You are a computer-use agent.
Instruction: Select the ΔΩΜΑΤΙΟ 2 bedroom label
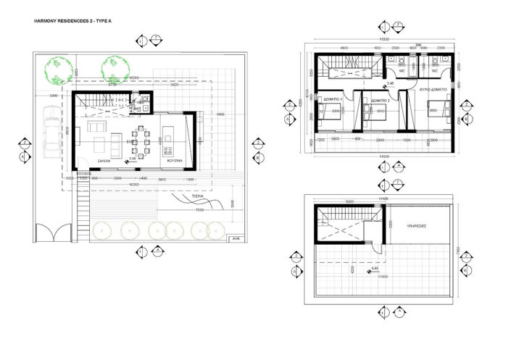(x=381, y=100)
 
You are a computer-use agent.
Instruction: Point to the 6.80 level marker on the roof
(x=374, y=269)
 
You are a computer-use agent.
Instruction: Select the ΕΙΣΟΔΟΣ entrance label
(x=83, y=174)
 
